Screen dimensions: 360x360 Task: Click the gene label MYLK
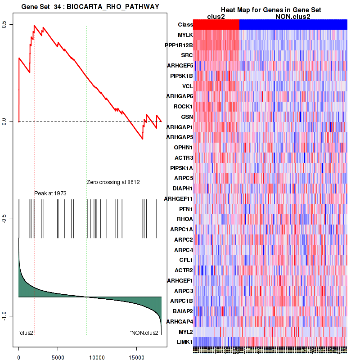coord(185,35)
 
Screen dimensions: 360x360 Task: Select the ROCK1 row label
coord(183,107)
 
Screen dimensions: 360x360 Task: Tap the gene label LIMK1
coord(184,342)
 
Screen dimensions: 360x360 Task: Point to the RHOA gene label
coord(184,219)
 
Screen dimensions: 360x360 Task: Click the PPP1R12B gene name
coord(179,45)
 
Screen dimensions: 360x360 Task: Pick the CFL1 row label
coord(186,260)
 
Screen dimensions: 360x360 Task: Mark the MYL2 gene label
coord(185,332)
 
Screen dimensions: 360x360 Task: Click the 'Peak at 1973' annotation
coord(50,193)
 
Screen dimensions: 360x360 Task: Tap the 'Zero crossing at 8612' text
coord(113,182)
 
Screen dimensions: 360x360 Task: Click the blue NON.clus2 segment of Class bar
coord(293,25)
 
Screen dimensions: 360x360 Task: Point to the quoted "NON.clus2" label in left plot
coord(145,333)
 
